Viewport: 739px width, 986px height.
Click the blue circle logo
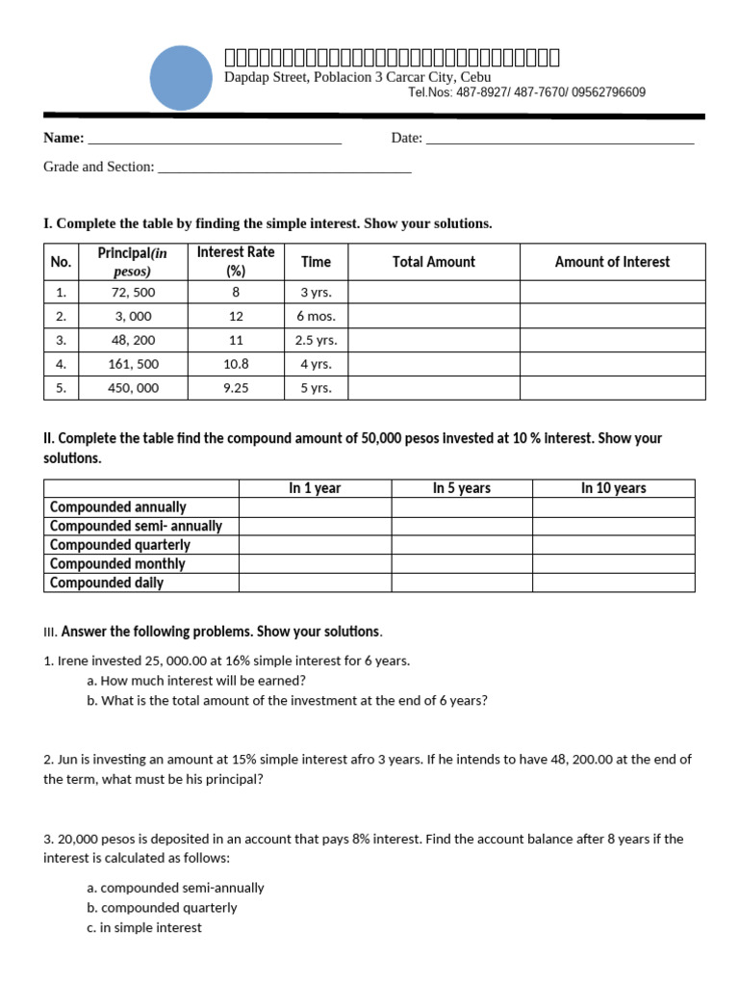click(181, 76)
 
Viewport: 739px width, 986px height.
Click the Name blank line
click(214, 141)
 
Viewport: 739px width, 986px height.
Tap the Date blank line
click(559, 141)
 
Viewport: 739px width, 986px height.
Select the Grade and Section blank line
click(284, 169)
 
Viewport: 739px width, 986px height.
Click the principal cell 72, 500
click(133, 292)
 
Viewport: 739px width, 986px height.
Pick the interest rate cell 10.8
click(236, 364)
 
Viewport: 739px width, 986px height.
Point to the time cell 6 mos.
click(316, 316)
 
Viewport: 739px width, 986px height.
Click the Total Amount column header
click(433, 262)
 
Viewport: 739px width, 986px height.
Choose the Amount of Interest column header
click(612, 262)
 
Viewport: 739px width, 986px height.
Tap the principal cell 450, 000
click(133, 388)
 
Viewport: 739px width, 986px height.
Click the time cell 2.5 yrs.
click(316, 340)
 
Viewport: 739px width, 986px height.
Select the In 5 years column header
click(461, 488)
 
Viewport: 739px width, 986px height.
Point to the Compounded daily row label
click(107, 583)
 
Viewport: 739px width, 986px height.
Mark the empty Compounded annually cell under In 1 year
click(315, 507)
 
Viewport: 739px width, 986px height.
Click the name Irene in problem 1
click(76, 661)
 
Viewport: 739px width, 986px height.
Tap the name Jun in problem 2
click(67, 759)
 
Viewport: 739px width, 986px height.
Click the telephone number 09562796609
click(609, 92)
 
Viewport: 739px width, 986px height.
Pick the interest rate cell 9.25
click(236, 388)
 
